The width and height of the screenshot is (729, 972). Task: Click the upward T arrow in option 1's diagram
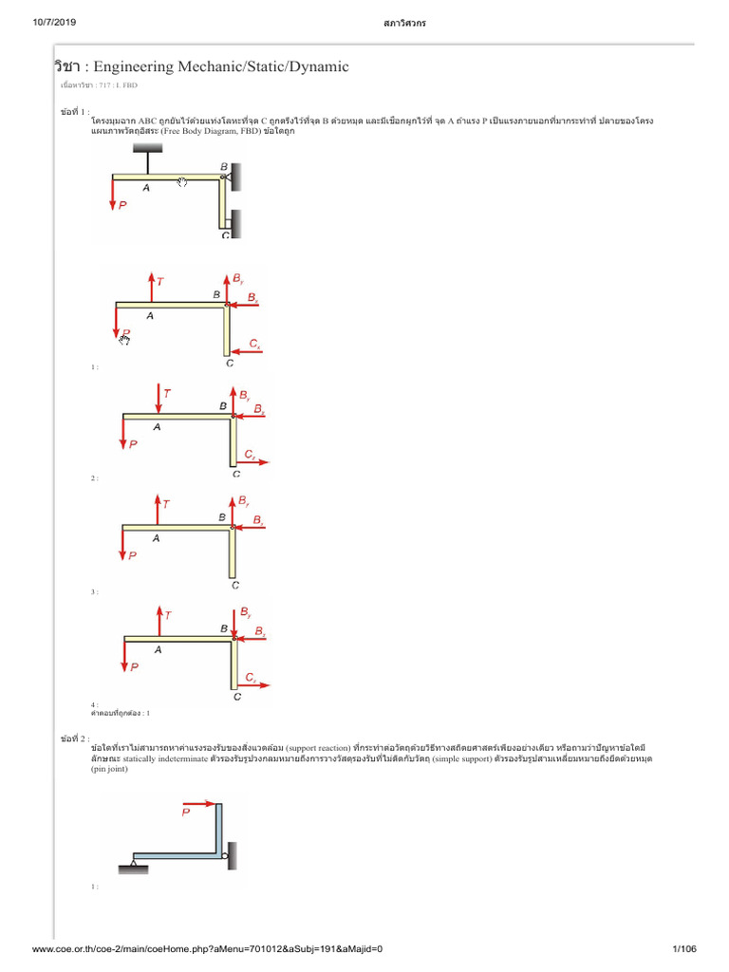click(152, 288)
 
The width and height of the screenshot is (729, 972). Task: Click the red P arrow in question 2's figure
click(200, 804)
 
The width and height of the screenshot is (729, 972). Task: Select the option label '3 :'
click(95, 591)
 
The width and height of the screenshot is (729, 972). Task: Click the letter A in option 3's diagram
click(157, 537)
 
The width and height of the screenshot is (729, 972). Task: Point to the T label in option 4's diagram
click(168, 615)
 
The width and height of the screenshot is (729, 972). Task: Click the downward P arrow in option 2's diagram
click(123, 432)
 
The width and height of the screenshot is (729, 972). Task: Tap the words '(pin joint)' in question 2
click(111, 771)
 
